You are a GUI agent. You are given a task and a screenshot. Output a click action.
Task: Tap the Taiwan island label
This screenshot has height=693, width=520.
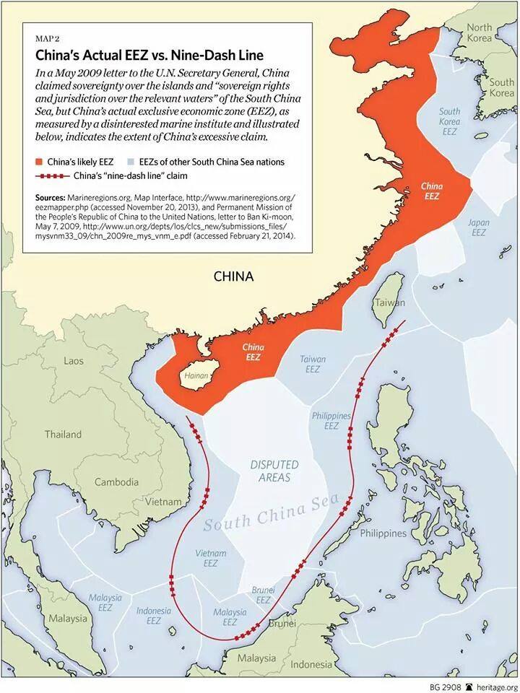(x=389, y=303)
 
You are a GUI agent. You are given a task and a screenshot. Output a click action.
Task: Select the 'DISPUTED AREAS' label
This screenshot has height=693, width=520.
(x=271, y=471)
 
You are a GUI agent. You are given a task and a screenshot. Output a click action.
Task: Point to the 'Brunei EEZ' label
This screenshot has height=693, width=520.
(x=264, y=595)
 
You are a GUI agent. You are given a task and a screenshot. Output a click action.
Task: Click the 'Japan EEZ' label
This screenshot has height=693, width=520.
(x=478, y=227)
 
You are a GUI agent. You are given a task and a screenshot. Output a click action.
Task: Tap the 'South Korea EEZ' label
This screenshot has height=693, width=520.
(x=449, y=122)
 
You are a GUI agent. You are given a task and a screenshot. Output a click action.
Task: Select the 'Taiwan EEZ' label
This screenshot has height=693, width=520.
(x=313, y=364)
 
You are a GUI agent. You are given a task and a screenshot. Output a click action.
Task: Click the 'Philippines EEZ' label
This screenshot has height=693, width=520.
(x=331, y=421)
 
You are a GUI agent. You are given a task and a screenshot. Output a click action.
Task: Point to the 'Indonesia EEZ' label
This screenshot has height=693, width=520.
(x=154, y=615)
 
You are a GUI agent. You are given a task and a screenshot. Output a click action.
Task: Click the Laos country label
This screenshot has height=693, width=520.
(x=74, y=360)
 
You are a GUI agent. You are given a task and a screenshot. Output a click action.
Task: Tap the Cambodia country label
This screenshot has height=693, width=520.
(x=116, y=481)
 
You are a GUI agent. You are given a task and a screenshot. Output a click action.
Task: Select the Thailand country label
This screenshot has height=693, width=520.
(x=63, y=435)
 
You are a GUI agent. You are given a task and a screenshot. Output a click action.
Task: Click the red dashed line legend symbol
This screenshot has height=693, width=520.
(x=51, y=175)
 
